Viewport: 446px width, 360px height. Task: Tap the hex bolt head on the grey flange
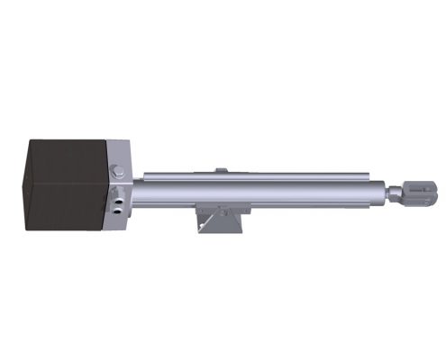[116, 172]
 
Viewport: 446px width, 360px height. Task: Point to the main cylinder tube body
[261, 192]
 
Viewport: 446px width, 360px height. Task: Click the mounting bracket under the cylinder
[220, 219]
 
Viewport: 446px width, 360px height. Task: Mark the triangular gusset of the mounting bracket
[205, 222]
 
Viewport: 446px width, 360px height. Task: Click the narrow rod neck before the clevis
[396, 192]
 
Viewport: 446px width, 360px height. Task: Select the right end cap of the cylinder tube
[383, 192]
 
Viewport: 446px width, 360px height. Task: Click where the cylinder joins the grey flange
[137, 192]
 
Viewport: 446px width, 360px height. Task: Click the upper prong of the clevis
[424, 185]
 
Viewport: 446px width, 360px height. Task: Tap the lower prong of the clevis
[424, 198]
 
